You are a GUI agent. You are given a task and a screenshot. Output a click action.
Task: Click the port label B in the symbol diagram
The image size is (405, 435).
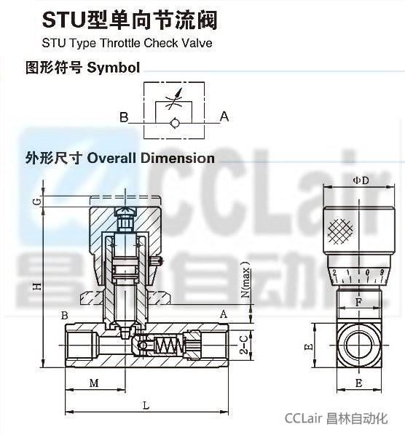(124, 117)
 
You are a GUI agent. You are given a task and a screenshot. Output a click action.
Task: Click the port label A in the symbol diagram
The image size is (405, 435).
(224, 116)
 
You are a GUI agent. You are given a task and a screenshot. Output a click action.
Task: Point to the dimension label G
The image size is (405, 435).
(37, 201)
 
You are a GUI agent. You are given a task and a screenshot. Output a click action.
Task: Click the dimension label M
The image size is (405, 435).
(94, 383)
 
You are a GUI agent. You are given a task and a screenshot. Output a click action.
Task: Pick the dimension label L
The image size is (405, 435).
(146, 406)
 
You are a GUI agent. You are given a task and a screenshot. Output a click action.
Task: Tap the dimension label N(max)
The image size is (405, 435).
(245, 279)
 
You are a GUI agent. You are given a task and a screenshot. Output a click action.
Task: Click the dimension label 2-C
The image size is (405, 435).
(244, 345)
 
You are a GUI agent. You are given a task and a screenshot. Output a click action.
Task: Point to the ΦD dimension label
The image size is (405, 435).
(361, 180)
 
